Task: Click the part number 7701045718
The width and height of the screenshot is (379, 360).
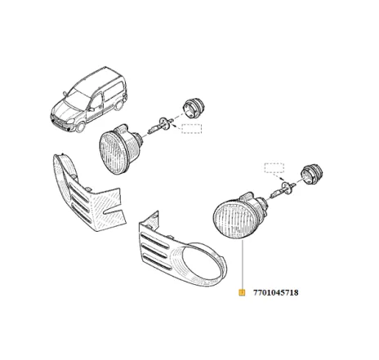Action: (276, 292)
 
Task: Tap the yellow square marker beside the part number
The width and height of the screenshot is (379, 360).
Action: (242, 292)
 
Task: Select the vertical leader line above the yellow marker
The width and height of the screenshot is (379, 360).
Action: (242, 265)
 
